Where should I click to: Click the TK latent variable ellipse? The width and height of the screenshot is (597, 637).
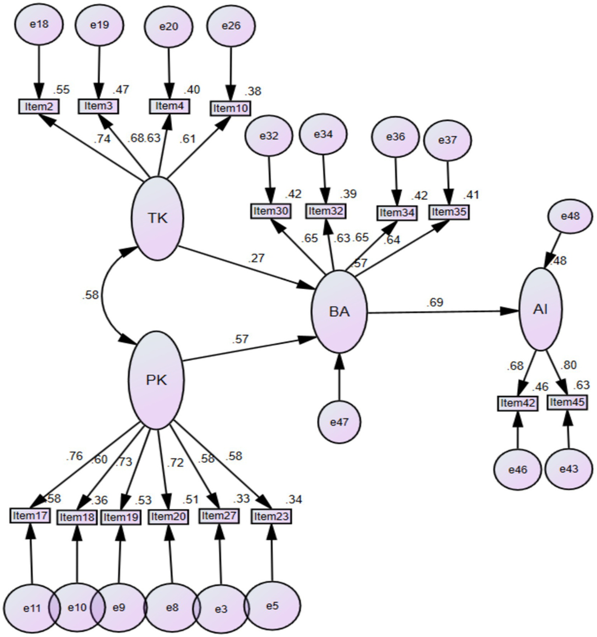(x=158, y=218)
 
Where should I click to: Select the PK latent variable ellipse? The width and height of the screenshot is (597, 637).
(x=156, y=380)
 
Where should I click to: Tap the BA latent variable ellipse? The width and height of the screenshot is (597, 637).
(x=339, y=311)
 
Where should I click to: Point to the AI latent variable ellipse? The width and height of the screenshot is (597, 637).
(x=541, y=309)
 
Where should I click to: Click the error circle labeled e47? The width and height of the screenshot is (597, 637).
(x=339, y=422)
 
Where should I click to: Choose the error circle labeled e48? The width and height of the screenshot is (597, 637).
(x=570, y=216)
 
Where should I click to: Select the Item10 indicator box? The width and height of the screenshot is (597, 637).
(x=231, y=108)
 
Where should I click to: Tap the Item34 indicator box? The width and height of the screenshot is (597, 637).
(x=397, y=213)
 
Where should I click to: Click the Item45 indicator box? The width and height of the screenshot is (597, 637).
(x=567, y=402)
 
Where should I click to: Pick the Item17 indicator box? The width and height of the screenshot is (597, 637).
(x=30, y=516)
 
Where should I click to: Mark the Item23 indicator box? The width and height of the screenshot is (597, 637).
(x=271, y=516)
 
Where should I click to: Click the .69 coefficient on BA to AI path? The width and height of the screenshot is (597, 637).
(x=434, y=302)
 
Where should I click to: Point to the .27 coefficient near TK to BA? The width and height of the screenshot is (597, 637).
(x=256, y=258)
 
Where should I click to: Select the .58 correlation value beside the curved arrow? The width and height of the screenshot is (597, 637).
(x=90, y=295)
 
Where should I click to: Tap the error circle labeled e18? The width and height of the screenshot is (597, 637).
(x=39, y=24)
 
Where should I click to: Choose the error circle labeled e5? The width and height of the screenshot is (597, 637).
(x=272, y=605)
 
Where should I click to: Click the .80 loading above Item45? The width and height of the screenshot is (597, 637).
(x=568, y=365)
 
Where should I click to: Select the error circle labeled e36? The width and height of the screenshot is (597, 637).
(x=396, y=137)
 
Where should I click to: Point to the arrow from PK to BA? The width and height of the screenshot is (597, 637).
(x=249, y=350)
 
